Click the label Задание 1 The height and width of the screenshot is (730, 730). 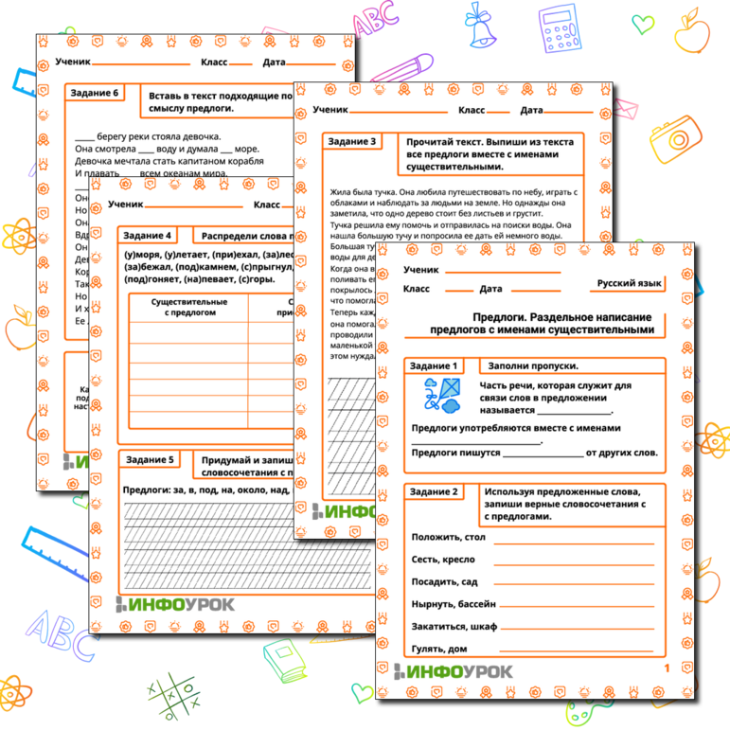pos(436,365)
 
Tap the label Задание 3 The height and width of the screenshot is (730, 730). pos(351,141)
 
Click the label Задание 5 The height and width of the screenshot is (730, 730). pos(150,459)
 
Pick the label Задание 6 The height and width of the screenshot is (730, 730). pos(96,93)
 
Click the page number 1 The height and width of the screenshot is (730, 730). pos(668,669)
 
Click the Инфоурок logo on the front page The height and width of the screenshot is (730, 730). pos(459,672)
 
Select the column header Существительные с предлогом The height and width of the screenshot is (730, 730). pos(188,308)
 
